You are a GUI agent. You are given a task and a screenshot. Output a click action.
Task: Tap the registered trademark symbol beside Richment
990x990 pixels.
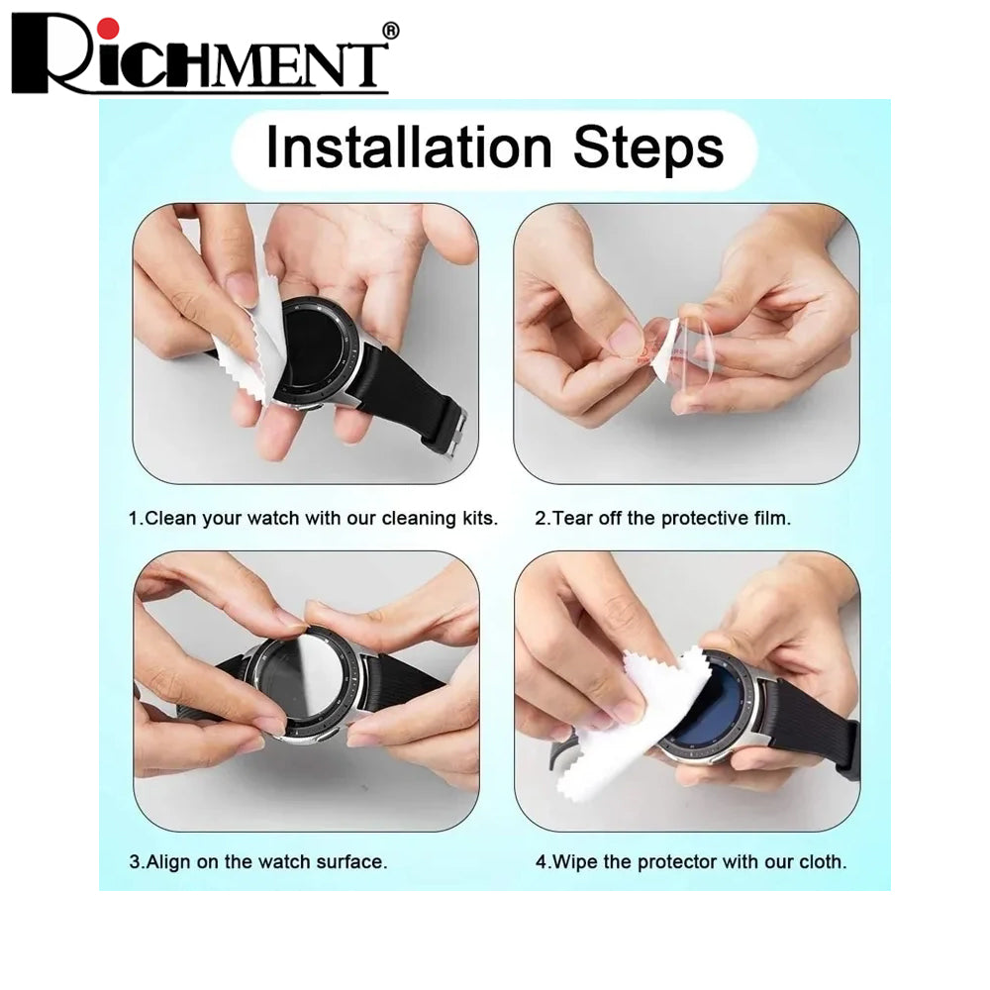coord(391,31)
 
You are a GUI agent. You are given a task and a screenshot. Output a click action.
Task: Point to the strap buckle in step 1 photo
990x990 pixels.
coord(457,433)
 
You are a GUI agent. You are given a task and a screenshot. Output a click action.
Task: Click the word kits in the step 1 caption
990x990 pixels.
coord(479,519)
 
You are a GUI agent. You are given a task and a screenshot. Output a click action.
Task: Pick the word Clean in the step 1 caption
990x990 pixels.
coord(170,519)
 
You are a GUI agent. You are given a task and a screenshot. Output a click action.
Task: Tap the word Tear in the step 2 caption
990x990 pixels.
coord(572,519)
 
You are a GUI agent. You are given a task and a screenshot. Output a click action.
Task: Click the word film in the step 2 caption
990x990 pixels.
coord(772,519)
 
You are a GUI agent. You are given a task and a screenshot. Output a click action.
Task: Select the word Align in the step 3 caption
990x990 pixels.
coord(168,862)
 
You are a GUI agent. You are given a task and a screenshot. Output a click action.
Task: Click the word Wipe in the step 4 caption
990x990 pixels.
coord(574,862)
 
